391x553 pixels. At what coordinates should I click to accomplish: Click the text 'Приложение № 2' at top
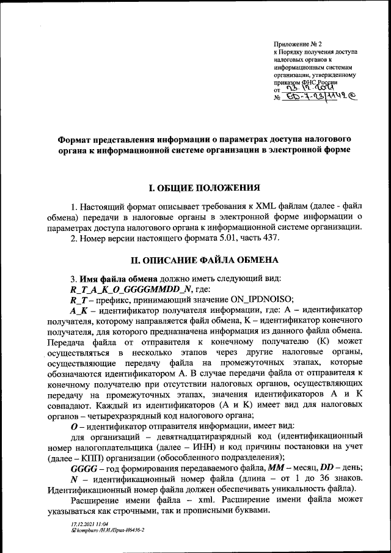coord(299,45)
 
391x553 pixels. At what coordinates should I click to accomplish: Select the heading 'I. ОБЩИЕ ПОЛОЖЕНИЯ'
coord(202,188)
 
